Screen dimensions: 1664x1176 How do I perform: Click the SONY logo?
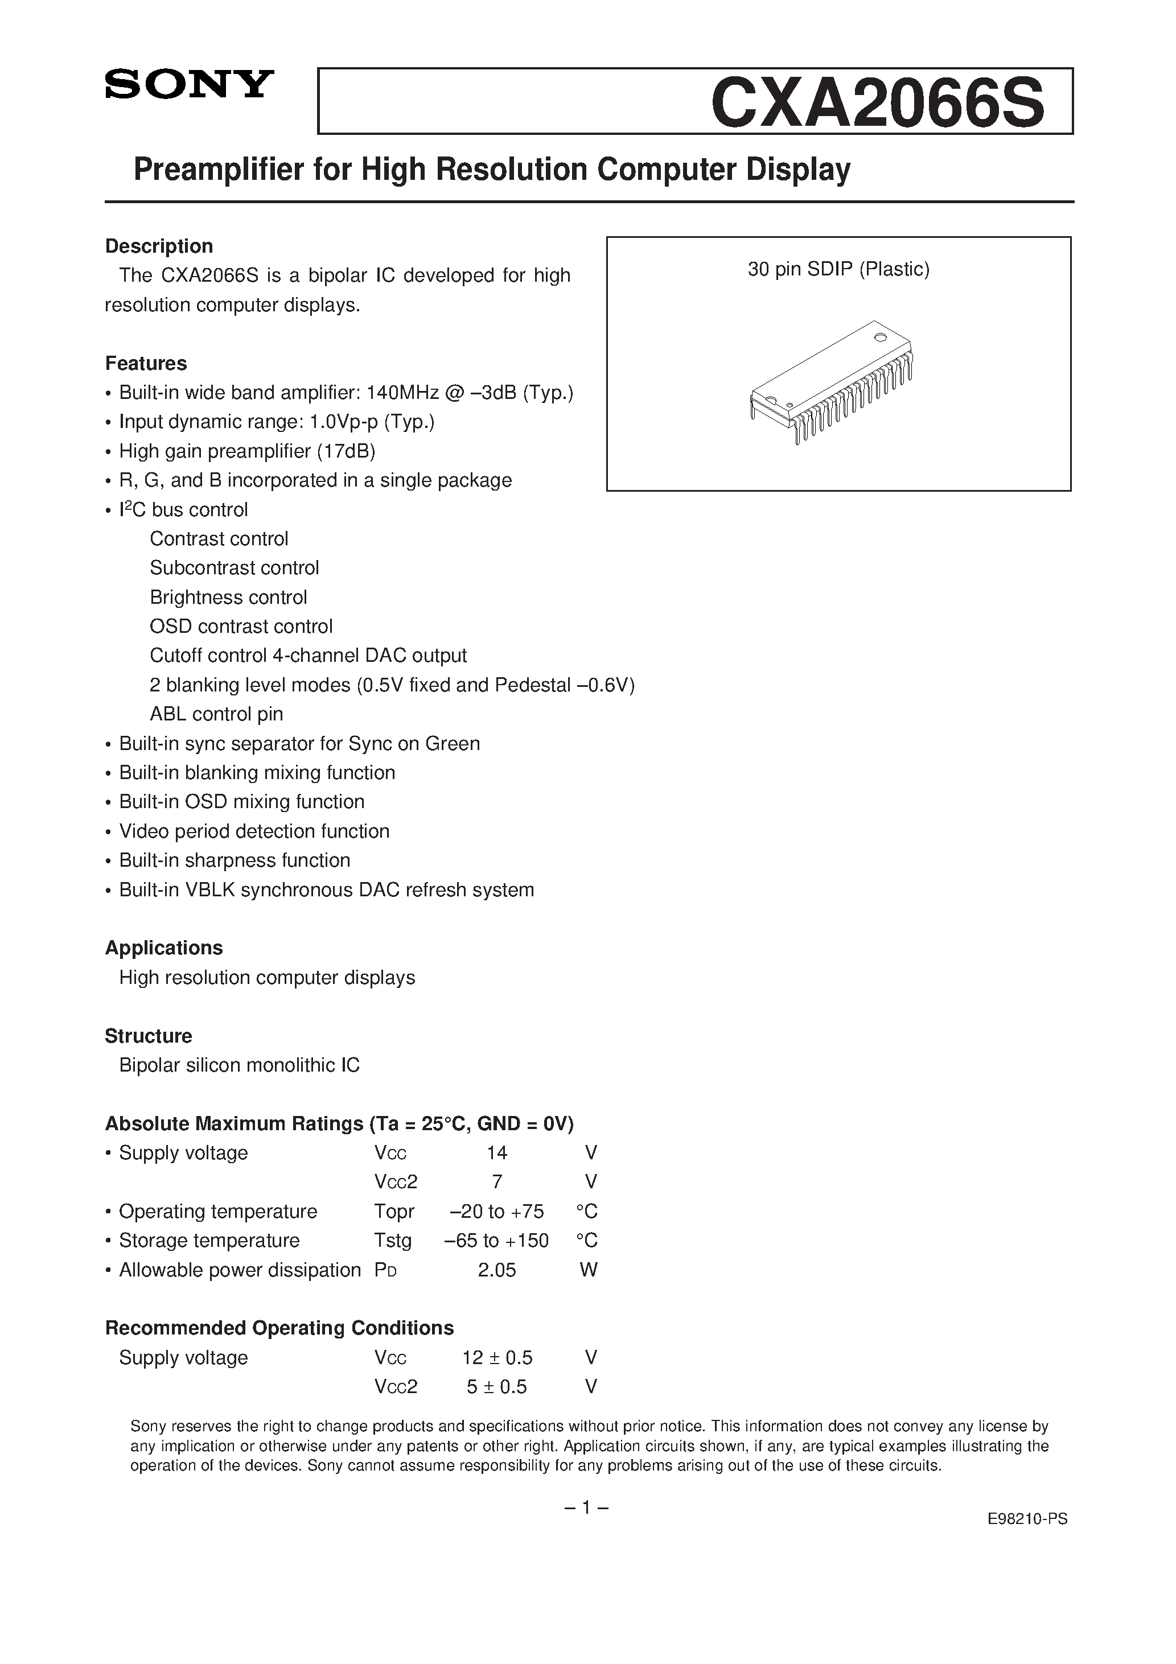pyautogui.click(x=189, y=84)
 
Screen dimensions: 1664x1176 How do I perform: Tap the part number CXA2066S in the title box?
pyautogui.click(x=877, y=103)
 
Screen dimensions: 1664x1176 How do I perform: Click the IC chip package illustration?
pyautogui.click(x=831, y=381)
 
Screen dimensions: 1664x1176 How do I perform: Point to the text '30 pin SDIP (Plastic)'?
pyautogui.click(x=838, y=269)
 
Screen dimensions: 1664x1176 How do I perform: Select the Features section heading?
pyautogui.click(x=146, y=363)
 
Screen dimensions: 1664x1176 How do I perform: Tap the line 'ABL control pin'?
pyautogui.click(x=216, y=714)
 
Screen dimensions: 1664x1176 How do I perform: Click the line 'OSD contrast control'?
pyautogui.click(x=241, y=626)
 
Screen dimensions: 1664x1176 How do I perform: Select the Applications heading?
pyautogui.click(x=164, y=948)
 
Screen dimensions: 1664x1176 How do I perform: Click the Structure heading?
pyautogui.click(x=148, y=1036)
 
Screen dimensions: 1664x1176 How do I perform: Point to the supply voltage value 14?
pyautogui.click(x=497, y=1153)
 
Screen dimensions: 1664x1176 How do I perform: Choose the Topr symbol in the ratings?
pyautogui.click(x=394, y=1212)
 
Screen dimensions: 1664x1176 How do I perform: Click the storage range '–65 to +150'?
pyautogui.click(x=497, y=1241)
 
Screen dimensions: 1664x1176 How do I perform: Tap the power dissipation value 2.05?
pyautogui.click(x=497, y=1270)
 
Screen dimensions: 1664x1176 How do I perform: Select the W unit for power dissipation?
pyautogui.click(x=589, y=1270)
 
